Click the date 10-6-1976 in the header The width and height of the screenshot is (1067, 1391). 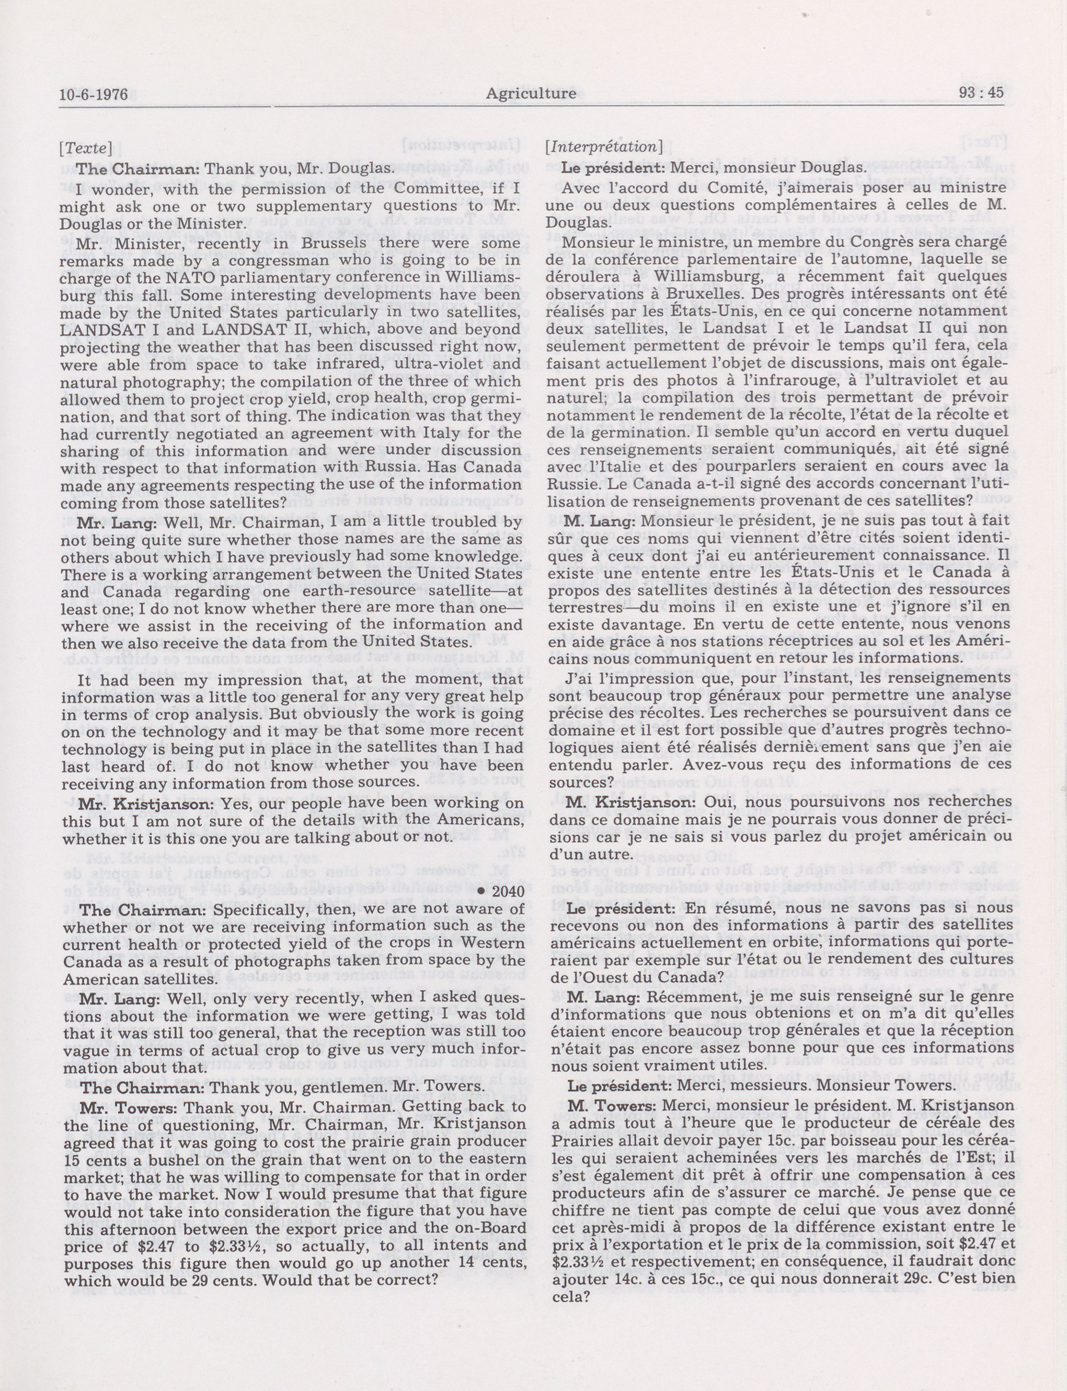93,95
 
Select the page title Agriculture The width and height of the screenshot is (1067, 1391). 531,94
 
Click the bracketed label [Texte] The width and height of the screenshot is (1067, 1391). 86,148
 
